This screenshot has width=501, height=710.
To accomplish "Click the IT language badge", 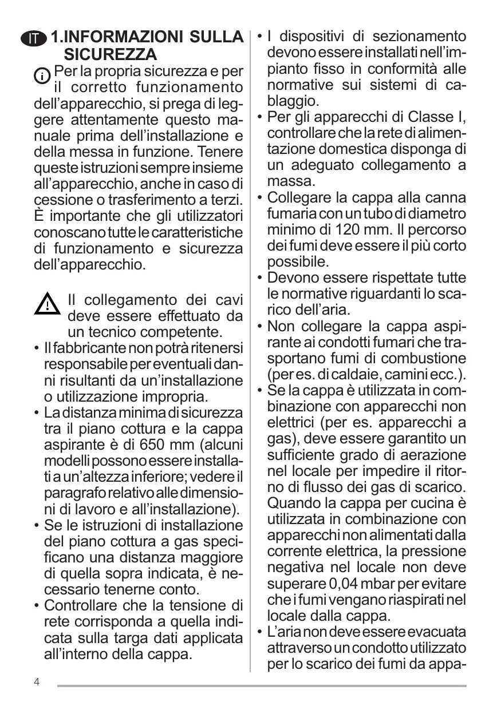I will click(35, 38).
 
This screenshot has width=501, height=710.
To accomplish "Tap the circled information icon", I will click(42, 75).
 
